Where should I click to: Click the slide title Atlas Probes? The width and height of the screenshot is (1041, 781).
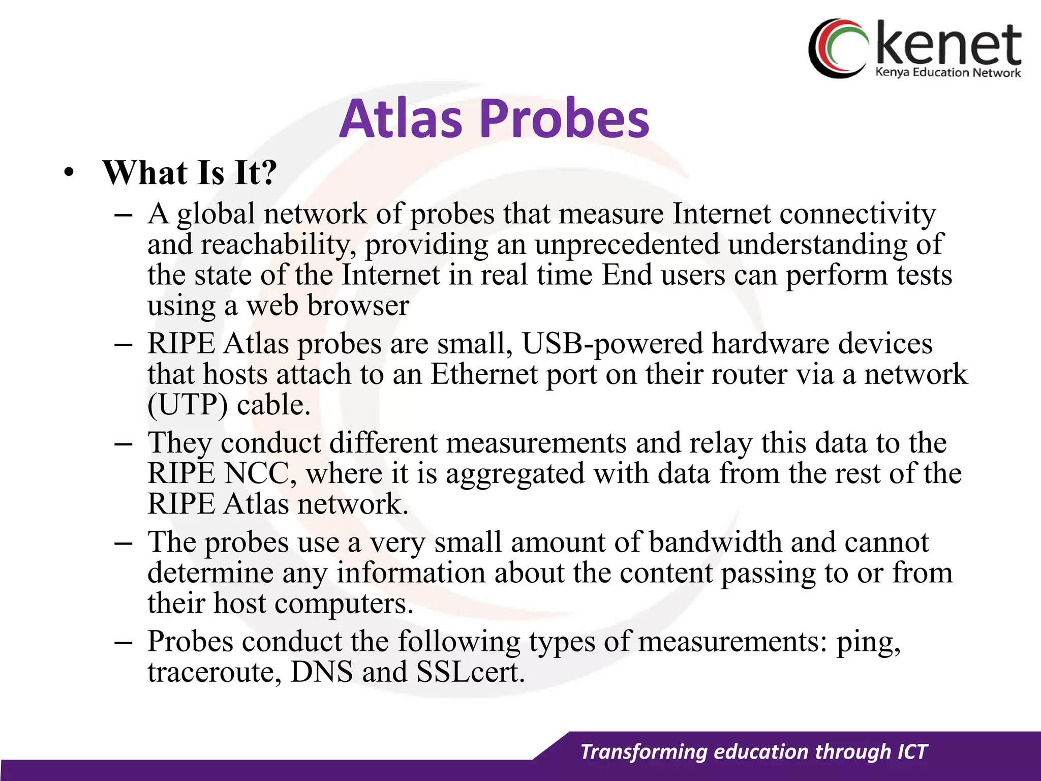(x=494, y=119)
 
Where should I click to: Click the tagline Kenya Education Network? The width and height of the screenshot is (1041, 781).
(x=947, y=73)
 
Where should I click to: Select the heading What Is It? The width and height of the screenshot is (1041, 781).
(x=190, y=173)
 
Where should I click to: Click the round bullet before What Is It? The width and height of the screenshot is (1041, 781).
(x=69, y=173)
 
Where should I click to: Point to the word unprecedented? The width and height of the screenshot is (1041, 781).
(x=627, y=245)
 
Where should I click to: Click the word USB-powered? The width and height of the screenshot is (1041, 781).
(x=613, y=344)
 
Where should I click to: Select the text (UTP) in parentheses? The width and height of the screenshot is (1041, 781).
(x=188, y=405)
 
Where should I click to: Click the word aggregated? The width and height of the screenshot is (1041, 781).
(x=515, y=474)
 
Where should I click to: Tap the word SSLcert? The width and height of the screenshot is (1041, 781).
(x=470, y=672)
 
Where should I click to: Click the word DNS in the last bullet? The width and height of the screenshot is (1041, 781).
(x=321, y=672)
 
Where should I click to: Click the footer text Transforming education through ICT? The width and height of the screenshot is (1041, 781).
(x=754, y=752)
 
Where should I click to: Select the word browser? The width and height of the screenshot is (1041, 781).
(x=358, y=306)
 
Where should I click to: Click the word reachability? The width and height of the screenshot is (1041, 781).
(x=278, y=245)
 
